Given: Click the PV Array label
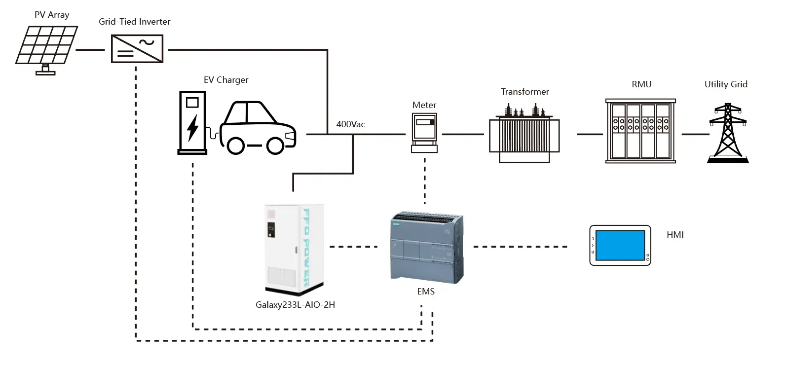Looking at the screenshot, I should click(52, 15).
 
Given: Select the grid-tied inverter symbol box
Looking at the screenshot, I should click(137, 49).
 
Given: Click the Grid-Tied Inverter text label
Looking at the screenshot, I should click(134, 22).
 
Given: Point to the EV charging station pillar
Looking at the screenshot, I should click(192, 122).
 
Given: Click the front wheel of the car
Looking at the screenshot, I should click(275, 145).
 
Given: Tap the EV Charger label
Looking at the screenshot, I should click(226, 80).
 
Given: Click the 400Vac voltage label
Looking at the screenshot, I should click(350, 124).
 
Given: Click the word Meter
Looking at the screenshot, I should click(424, 105).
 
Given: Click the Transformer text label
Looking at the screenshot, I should click(524, 92).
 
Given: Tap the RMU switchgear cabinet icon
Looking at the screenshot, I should click(640, 131).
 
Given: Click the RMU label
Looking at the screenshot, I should click(641, 84).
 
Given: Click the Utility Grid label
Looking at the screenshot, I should click(726, 84).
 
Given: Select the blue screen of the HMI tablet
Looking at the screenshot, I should click(620, 245).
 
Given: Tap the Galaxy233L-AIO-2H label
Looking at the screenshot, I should click(295, 305).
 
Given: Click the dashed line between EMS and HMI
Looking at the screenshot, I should click(521, 247).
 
